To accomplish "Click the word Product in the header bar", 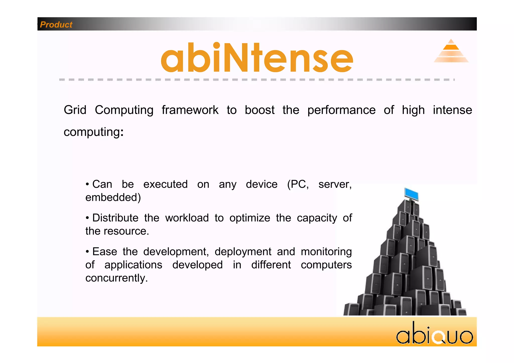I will [x=56, y=25].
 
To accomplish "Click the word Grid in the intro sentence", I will [x=75, y=110].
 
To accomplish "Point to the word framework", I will [x=190, y=110].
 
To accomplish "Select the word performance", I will [x=341, y=110].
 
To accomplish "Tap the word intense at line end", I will [x=452, y=110].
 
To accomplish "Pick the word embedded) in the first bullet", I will [x=113, y=198].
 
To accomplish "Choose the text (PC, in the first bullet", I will [x=298, y=185].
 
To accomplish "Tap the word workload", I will [x=187, y=218].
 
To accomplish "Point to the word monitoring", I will [x=326, y=252].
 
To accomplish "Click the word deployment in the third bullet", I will [x=243, y=252].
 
